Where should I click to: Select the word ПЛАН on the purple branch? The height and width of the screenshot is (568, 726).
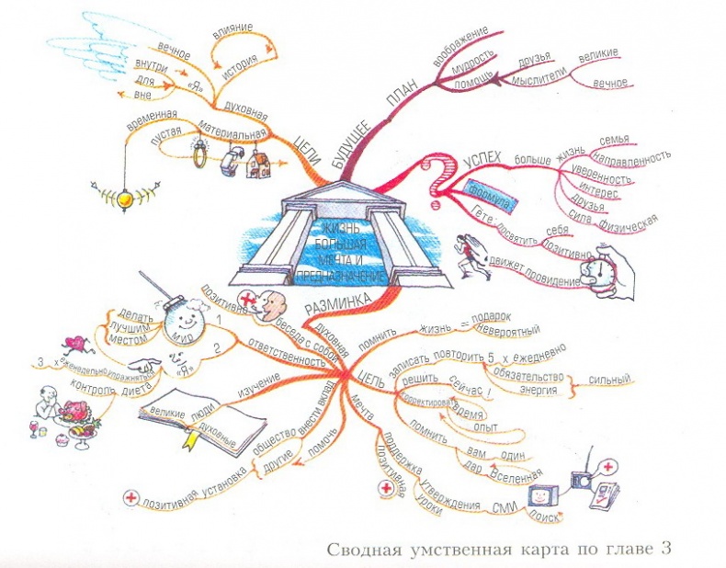401,100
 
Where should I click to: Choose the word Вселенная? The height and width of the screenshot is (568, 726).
516,475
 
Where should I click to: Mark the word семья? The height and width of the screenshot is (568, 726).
613,140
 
